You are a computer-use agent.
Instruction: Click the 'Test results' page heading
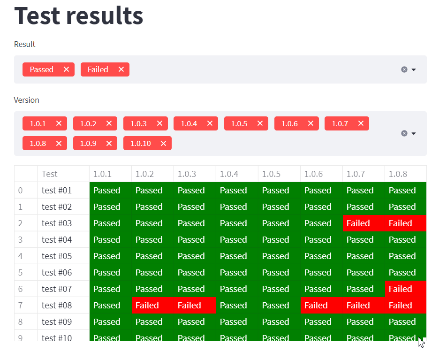(x=78, y=15)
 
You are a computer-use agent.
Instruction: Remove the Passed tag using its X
(x=66, y=69)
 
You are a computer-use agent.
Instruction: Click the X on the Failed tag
(x=121, y=69)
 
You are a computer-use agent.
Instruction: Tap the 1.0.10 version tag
(x=140, y=144)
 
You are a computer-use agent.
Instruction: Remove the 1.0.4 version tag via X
(x=210, y=123)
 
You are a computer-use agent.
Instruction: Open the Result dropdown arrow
(x=414, y=69)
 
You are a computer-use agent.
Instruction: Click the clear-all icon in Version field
(x=404, y=133)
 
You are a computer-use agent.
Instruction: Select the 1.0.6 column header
(x=313, y=174)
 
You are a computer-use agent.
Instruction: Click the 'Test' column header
(x=49, y=174)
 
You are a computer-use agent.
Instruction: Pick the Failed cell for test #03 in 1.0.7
(x=358, y=223)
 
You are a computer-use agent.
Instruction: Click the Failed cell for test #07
(x=401, y=289)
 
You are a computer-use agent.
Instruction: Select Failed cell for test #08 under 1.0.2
(x=147, y=306)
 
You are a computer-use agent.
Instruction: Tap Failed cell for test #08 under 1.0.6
(x=316, y=306)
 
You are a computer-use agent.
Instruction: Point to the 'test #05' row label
(x=57, y=256)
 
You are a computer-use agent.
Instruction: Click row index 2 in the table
(x=20, y=223)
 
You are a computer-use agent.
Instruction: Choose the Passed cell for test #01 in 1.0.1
(x=107, y=191)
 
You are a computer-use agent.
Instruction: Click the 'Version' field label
(x=26, y=100)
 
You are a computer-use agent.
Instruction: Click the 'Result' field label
(x=24, y=44)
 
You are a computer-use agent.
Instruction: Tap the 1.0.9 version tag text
(x=88, y=144)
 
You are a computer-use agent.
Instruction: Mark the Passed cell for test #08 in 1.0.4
(x=234, y=306)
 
